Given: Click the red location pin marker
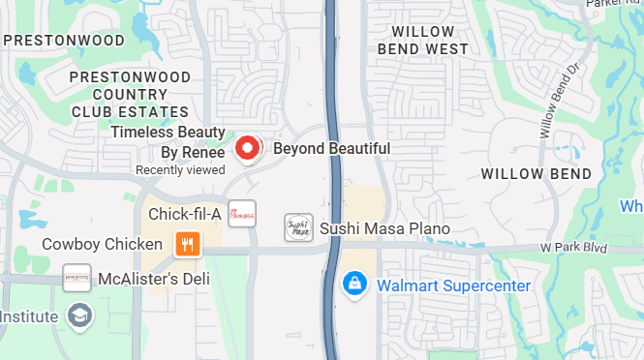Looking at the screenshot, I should coord(248,148).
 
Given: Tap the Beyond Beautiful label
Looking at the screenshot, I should coord(331,149).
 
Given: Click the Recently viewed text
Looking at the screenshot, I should coord(180,169).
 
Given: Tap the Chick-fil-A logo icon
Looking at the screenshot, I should coord(242,213).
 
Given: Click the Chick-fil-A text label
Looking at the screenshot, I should coord(185,213).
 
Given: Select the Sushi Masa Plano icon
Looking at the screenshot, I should coord(298,228).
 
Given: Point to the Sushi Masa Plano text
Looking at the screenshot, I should coord(385,228).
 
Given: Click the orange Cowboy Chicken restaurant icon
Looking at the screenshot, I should coord(187,244).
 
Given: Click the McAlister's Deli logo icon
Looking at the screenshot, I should coord(77,279).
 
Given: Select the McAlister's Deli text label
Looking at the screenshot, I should coord(154,279).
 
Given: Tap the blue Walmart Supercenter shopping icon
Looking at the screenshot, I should coord(355,285).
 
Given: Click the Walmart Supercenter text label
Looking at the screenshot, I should coord(453,285).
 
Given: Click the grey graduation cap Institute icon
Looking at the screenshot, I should coord(77,315).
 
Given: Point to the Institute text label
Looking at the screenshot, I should coord(30,315).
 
